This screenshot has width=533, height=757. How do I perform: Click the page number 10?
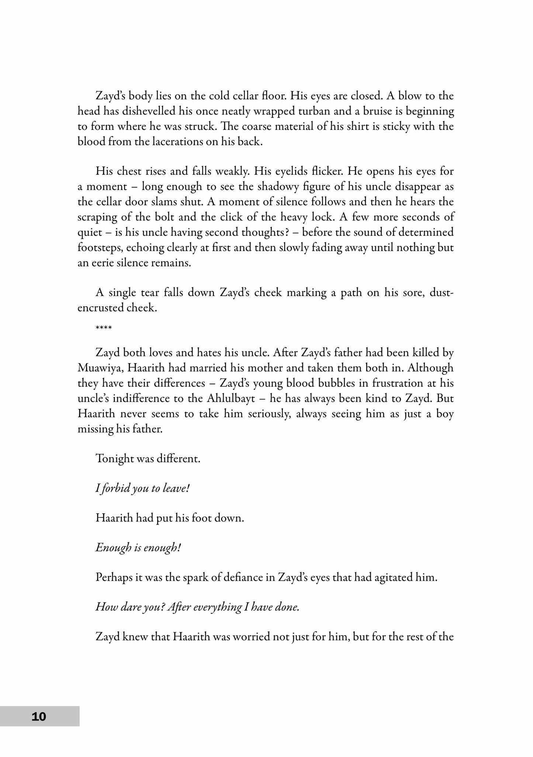pos(39,716)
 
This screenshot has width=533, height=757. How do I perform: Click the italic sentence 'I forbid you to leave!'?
pos(142,489)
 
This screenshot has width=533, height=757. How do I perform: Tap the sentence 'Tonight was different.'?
pos(148,459)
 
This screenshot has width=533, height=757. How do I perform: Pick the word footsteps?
pos(100,248)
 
